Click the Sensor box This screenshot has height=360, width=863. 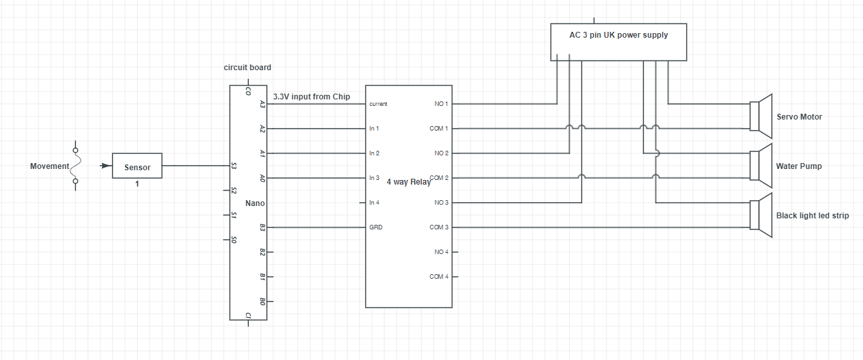[137, 166]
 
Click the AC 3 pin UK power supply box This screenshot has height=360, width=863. [618, 42]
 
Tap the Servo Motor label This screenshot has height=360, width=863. [799, 117]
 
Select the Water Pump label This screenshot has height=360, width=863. [799, 166]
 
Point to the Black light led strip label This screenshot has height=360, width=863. [812, 216]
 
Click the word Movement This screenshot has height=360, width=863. [49, 166]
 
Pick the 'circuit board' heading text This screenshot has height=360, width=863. [248, 68]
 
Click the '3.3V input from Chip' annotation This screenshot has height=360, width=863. [311, 97]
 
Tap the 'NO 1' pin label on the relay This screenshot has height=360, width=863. [441, 104]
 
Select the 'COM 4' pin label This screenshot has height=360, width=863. [439, 277]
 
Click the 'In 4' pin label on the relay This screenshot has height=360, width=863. [374, 203]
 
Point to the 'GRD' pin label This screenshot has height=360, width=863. [376, 227]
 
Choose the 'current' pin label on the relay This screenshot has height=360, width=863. [378, 104]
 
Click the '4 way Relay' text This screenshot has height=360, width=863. [408, 182]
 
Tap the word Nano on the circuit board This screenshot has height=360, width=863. [255, 203]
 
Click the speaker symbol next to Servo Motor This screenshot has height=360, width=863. [760, 116]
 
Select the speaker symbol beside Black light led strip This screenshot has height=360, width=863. [760, 215]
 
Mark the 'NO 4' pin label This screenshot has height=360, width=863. [441, 252]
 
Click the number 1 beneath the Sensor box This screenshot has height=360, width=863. [137, 184]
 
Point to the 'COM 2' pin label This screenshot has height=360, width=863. [439, 178]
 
